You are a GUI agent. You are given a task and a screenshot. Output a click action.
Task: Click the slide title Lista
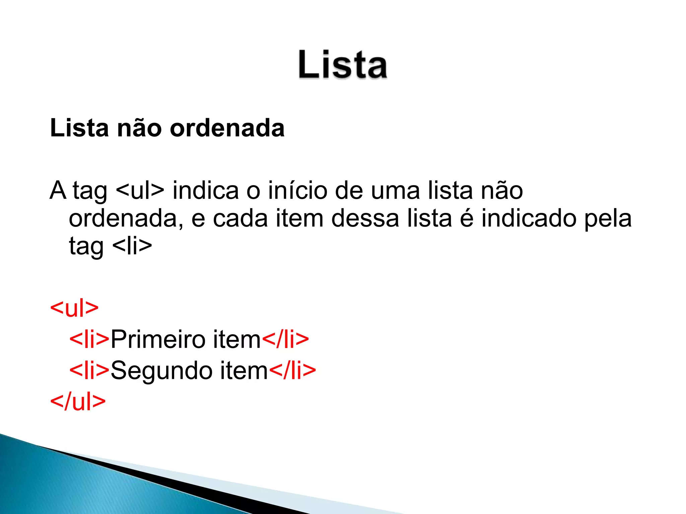pyautogui.click(x=343, y=65)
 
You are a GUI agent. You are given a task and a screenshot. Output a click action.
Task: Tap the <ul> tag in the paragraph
pyautogui.click(x=140, y=190)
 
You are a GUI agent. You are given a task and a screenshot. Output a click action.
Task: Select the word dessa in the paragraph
pyautogui.click(x=365, y=219)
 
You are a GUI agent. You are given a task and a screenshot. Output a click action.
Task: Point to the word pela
pyautogui.click(x=608, y=219)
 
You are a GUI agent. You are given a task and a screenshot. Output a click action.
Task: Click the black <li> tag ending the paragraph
pyautogui.click(x=132, y=246)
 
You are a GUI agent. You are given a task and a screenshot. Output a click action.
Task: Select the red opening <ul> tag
pyautogui.click(x=74, y=308)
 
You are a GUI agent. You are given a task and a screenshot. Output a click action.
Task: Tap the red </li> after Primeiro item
pyautogui.click(x=285, y=339)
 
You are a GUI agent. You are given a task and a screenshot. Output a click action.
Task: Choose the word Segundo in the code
pyautogui.click(x=161, y=370)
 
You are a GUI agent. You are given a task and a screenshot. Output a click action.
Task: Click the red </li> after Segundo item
pyautogui.click(x=292, y=370)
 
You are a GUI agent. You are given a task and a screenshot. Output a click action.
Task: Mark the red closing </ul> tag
pyautogui.click(x=78, y=401)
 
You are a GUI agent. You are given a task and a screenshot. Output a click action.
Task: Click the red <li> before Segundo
pyautogui.click(x=89, y=370)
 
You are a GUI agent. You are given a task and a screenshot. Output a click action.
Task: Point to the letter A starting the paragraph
pyautogui.click(x=58, y=190)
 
